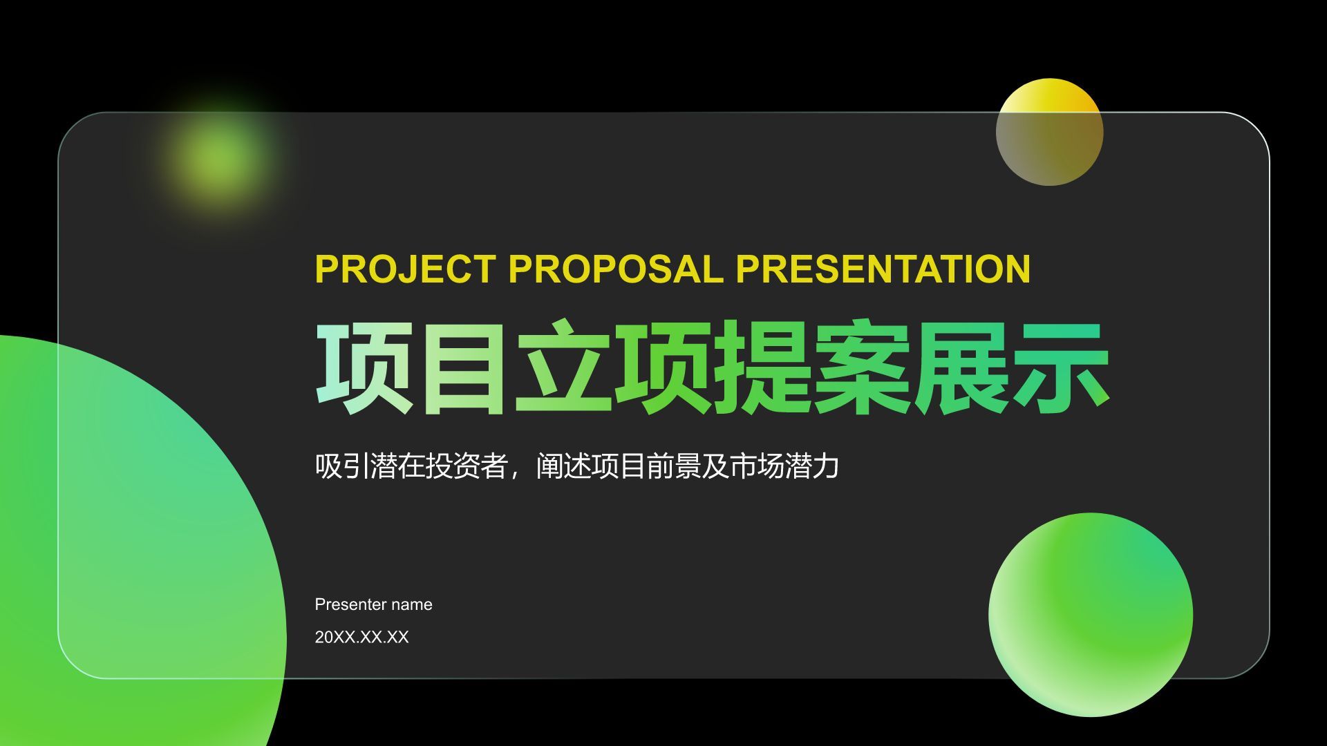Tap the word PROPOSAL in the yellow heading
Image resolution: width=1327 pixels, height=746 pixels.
pyautogui.click(x=616, y=269)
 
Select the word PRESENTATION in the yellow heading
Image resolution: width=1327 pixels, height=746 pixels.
pyautogui.click(x=883, y=269)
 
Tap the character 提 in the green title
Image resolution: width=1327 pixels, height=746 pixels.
pyautogui.click(x=761, y=367)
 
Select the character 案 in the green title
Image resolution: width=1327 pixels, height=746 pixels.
pyautogui.click(x=860, y=367)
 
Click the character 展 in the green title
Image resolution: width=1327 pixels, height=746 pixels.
pyautogui.click(x=961, y=367)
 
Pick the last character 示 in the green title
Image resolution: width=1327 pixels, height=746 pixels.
pyautogui.click(x=1060, y=367)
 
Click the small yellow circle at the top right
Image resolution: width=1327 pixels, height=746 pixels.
pyautogui.click(x=1049, y=132)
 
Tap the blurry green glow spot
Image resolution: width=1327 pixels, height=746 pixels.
pyautogui.click(x=218, y=157)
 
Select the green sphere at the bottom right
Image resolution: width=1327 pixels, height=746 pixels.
pyautogui.click(x=1091, y=614)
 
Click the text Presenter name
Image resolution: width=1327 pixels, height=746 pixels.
pyautogui.click(x=373, y=604)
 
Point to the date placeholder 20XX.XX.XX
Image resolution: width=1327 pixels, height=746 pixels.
pyautogui.click(x=361, y=637)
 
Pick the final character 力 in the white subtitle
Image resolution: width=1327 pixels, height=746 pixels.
pyautogui.click(x=827, y=466)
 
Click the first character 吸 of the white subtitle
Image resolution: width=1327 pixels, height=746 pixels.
pyautogui.click(x=328, y=466)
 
